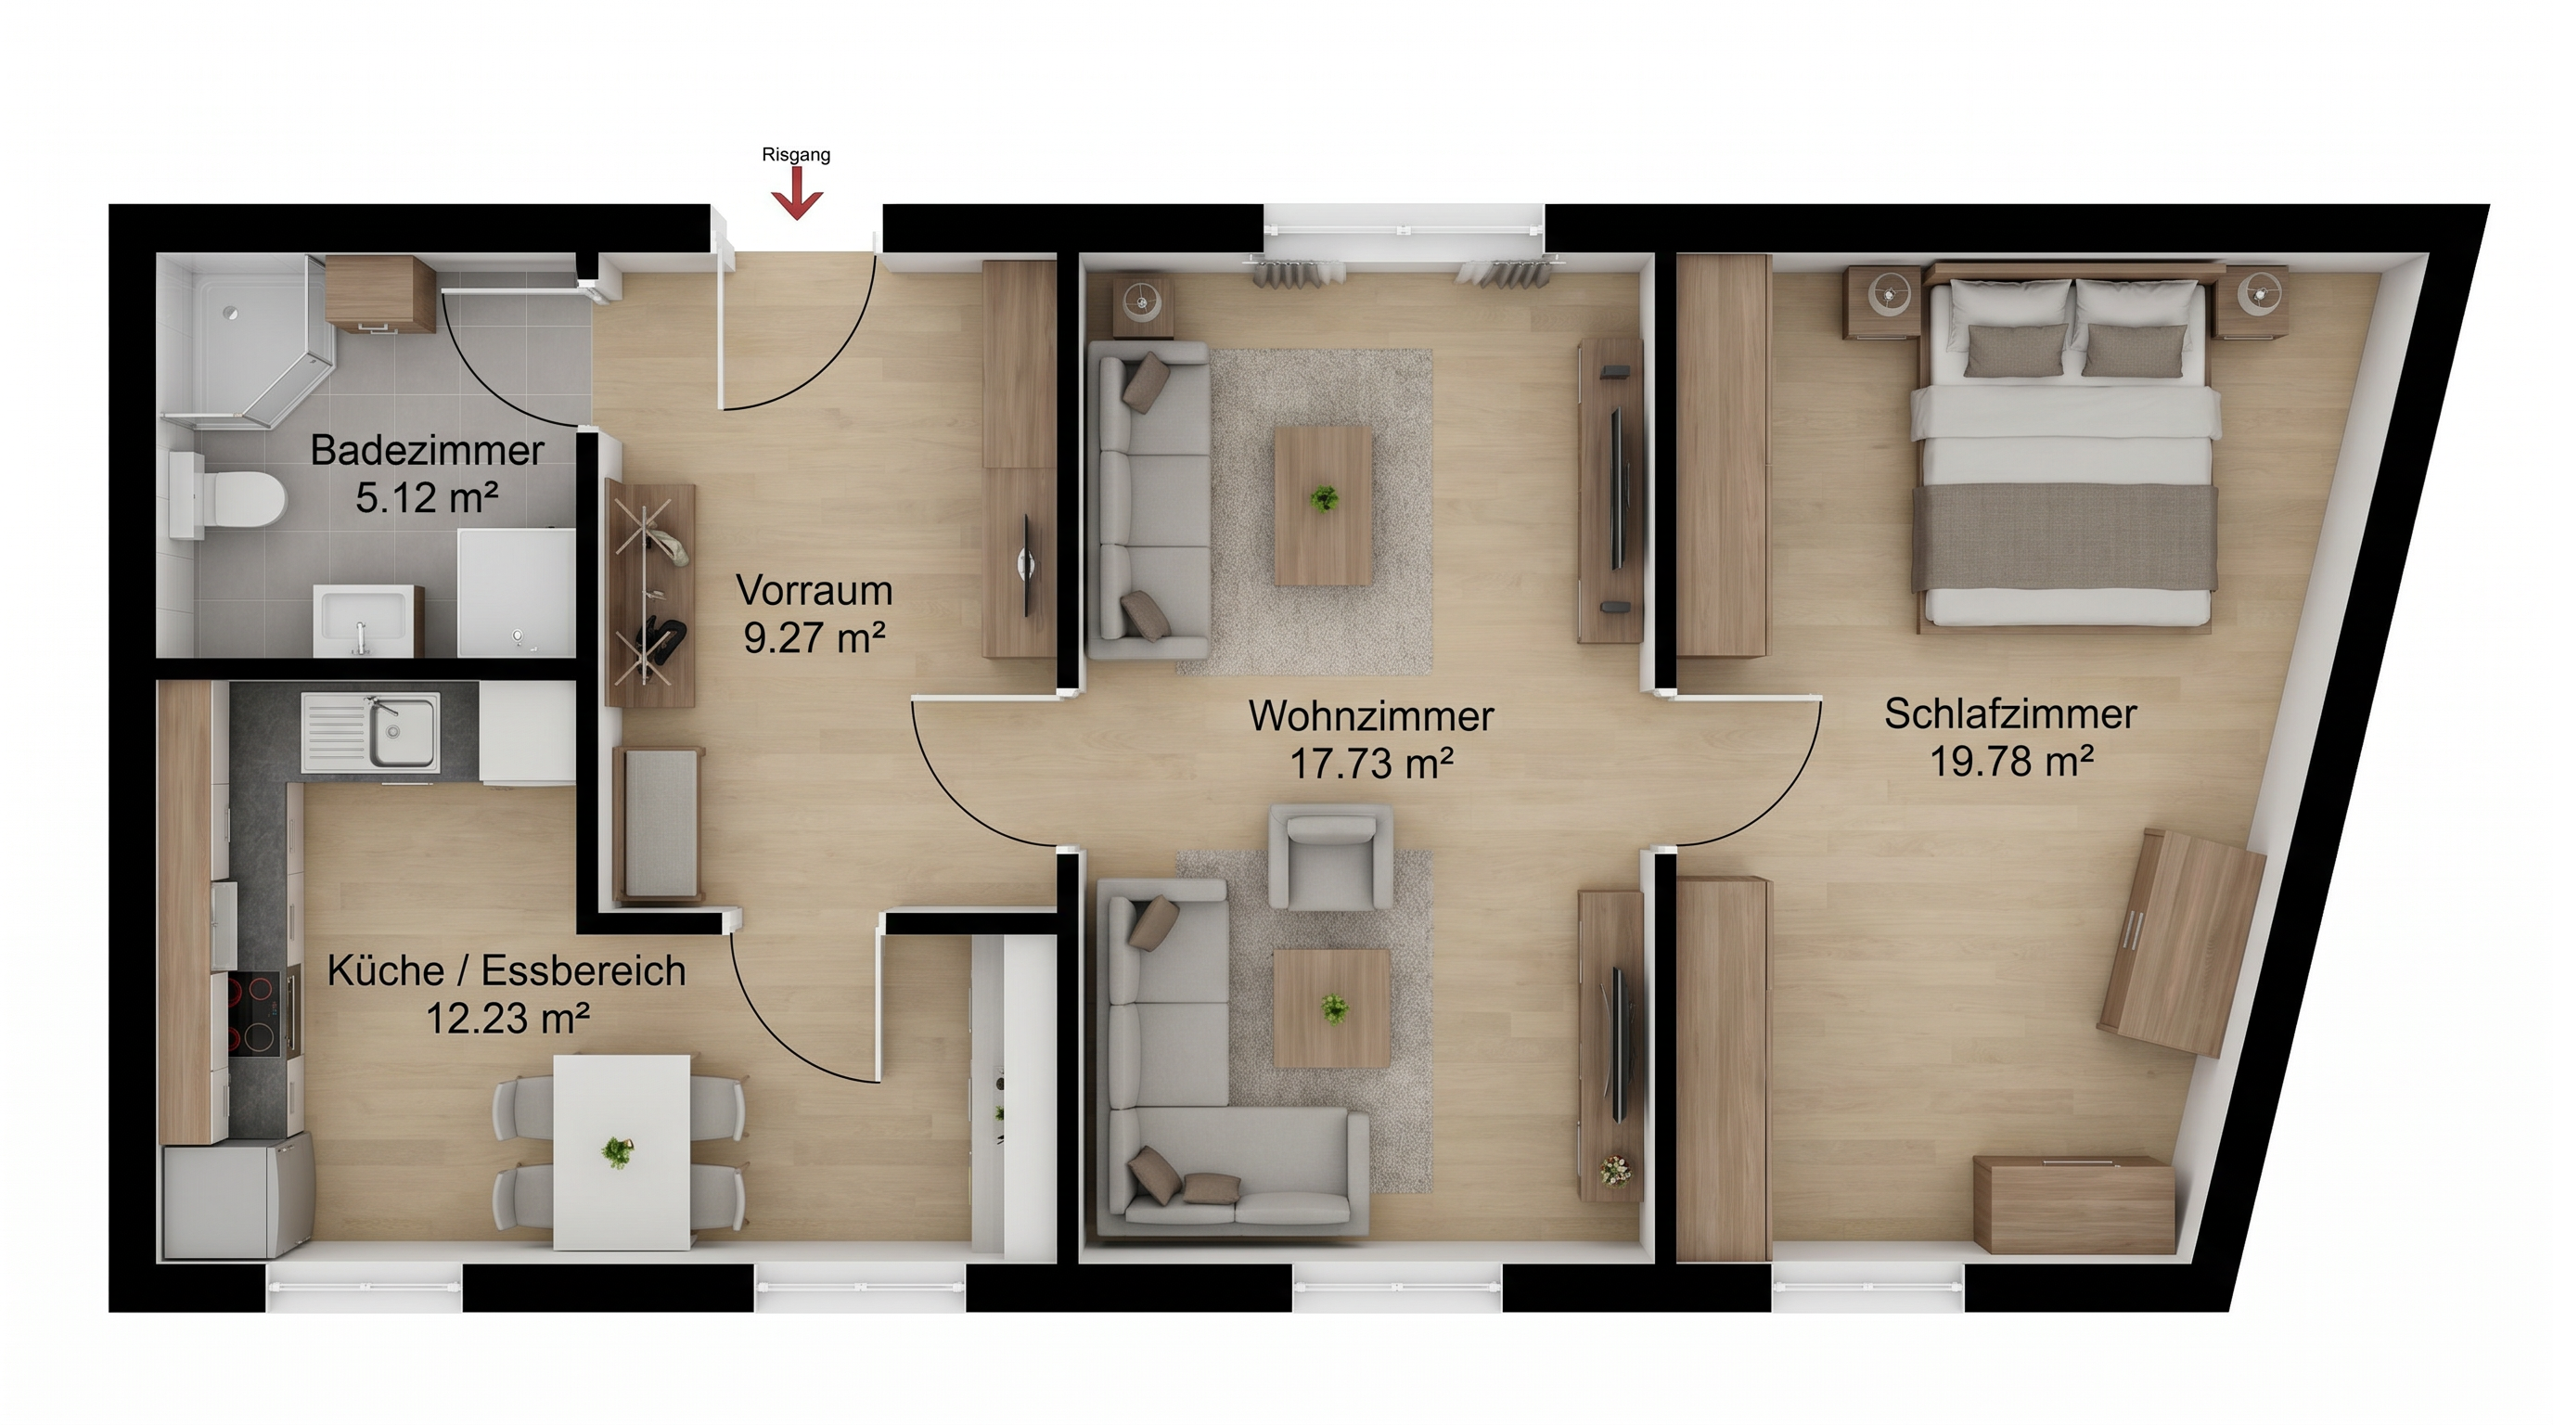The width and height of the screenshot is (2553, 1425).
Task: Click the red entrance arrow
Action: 797,192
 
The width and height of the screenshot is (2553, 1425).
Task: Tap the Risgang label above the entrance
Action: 796,155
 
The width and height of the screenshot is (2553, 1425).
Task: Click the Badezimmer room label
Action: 427,451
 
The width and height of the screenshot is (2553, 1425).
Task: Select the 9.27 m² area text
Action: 815,638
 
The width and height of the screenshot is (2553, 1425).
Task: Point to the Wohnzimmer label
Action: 1372,716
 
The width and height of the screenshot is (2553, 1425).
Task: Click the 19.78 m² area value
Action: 2011,761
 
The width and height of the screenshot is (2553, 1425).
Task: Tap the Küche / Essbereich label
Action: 507,971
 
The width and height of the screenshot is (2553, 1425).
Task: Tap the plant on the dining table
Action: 618,1151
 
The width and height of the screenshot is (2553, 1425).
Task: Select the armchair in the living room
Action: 1331,856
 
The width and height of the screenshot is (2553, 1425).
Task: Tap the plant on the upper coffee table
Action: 1322,497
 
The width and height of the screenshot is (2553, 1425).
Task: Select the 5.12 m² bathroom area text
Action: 427,497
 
